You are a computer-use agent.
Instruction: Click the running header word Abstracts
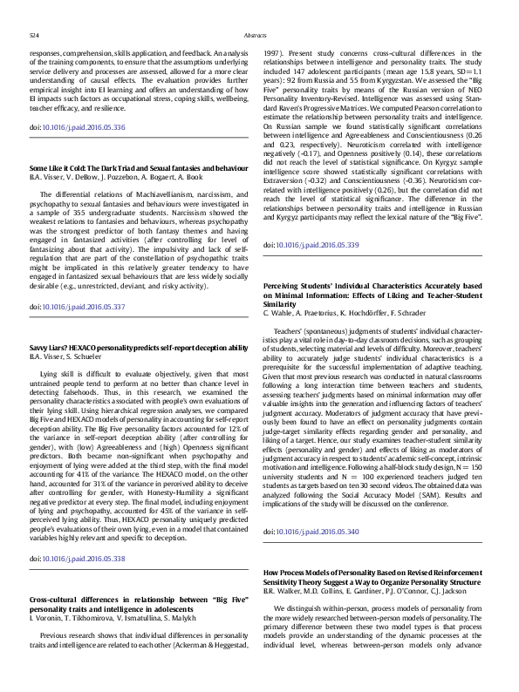tap(259, 36)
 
